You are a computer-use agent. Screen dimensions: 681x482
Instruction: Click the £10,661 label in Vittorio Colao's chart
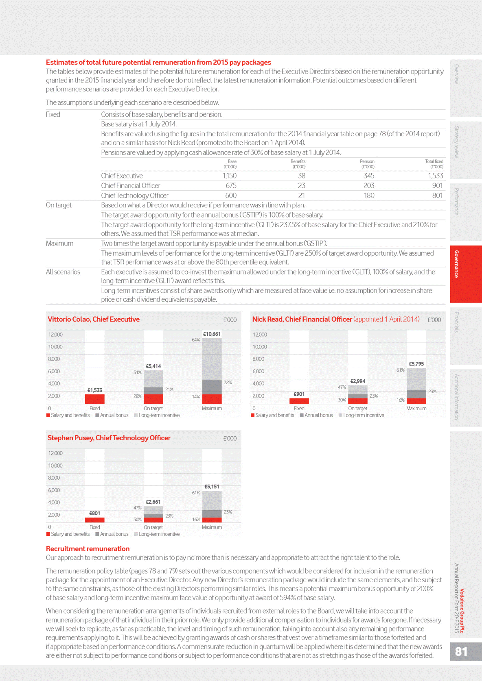tap(212, 334)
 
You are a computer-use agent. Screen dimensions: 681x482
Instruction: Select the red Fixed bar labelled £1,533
tap(95, 399)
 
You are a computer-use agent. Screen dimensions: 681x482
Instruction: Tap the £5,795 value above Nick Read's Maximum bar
tap(416, 364)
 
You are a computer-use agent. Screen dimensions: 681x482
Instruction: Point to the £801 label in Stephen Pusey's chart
tap(94, 513)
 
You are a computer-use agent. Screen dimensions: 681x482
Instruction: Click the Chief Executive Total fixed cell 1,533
tap(435, 176)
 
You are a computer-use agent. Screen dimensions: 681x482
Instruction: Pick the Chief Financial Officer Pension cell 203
tap(369, 185)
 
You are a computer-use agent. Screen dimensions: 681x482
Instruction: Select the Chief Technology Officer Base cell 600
tap(231, 195)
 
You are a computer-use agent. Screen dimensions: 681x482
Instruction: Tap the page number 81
tap(461, 651)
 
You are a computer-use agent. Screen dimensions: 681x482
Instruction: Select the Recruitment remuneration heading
tap(88, 548)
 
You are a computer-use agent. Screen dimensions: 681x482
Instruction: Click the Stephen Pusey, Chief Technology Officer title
tap(109, 438)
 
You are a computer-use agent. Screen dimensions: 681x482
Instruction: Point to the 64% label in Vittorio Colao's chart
tap(196, 340)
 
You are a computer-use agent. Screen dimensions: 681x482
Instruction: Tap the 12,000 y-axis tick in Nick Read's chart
tap(260, 335)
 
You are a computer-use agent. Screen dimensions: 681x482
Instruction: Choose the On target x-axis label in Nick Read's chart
tap(357, 409)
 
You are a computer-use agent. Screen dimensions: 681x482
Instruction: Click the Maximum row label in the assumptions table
tap(60, 244)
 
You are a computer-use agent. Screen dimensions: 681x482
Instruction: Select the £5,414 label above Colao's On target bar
tap(153, 366)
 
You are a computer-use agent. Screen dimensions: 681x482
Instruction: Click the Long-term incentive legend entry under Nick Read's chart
tap(363, 416)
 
